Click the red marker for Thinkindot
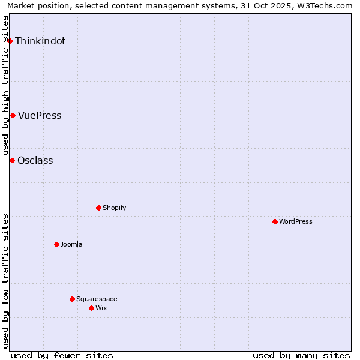pyautogui.click(x=10, y=41)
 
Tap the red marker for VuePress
pyautogui.click(x=13, y=115)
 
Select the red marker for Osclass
pyautogui.click(x=12, y=160)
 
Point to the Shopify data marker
pyautogui.click(x=98, y=208)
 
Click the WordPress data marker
pyautogui.click(x=275, y=221)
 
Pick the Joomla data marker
pyautogui.click(x=56, y=244)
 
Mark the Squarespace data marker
pyautogui.click(x=72, y=299)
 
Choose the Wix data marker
pyautogui.click(x=91, y=308)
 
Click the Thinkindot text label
pyautogui.click(x=40, y=41)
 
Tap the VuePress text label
pyautogui.click(x=40, y=116)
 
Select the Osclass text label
pyautogui.click(x=35, y=161)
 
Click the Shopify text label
pyautogui.click(x=114, y=208)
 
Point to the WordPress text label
pyautogui.click(x=296, y=222)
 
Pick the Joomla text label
pyautogui.click(x=71, y=245)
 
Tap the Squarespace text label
pyautogui.click(x=97, y=299)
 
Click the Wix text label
pyautogui.click(x=101, y=308)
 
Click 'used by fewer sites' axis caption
pyautogui.click(x=62, y=355)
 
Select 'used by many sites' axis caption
pyautogui.click(x=301, y=355)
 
